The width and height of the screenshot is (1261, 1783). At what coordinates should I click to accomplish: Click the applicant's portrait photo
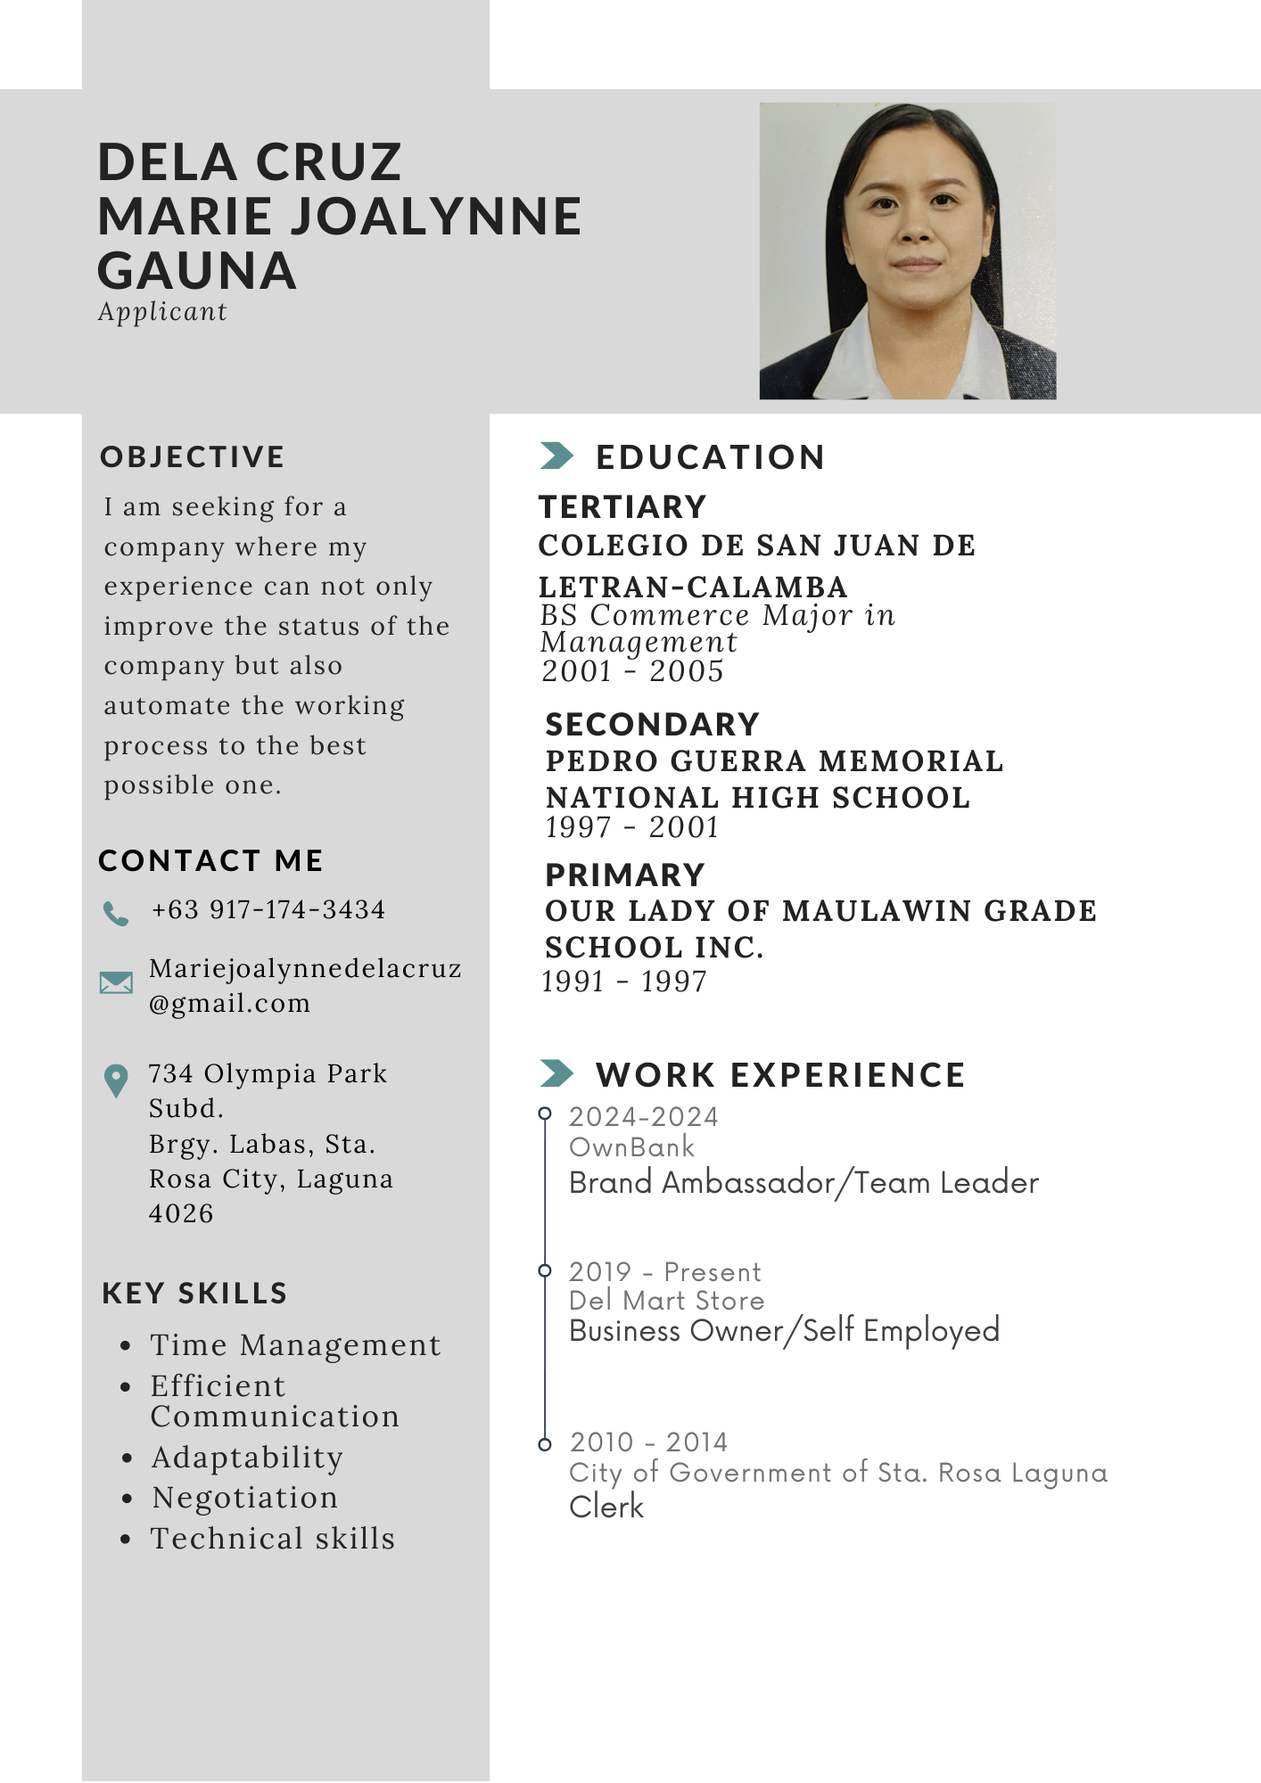tap(907, 251)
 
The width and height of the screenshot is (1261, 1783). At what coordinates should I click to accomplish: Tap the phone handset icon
tap(116, 913)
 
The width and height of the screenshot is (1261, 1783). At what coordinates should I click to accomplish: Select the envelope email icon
tap(116, 982)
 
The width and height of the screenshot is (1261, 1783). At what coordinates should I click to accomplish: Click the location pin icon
tap(116, 1080)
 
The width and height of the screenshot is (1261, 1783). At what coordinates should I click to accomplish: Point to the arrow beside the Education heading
tap(556, 456)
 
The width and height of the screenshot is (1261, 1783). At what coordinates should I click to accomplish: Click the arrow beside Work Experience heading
tap(556, 1073)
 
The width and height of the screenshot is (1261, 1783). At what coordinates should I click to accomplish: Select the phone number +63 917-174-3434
tap(268, 909)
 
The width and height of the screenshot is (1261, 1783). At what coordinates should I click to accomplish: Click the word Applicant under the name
tap(162, 312)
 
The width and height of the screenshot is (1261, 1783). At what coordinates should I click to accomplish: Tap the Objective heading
tap(192, 456)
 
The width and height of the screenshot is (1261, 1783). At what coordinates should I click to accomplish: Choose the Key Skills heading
tap(194, 1293)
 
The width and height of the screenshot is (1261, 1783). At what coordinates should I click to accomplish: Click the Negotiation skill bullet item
tap(244, 1498)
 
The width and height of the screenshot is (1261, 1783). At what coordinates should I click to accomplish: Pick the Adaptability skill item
tap(247, 1458)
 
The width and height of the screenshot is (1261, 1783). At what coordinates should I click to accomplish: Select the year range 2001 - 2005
tap(632, 671)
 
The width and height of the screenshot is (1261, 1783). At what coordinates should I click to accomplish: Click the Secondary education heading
tap(652, 725)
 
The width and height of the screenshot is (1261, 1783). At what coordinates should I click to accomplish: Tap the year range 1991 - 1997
tap(624, 982)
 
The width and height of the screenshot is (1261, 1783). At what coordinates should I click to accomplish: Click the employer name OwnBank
tap(631, 1147)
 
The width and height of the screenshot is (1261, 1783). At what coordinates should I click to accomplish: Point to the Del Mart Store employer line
tap(666, 1301)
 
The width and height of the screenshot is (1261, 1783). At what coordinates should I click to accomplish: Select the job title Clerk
tap(606, 1507)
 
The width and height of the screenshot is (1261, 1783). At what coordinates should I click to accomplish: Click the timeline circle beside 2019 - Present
tap(545, 1270)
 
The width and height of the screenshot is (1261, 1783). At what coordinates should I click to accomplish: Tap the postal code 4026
tap(181, 1213)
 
